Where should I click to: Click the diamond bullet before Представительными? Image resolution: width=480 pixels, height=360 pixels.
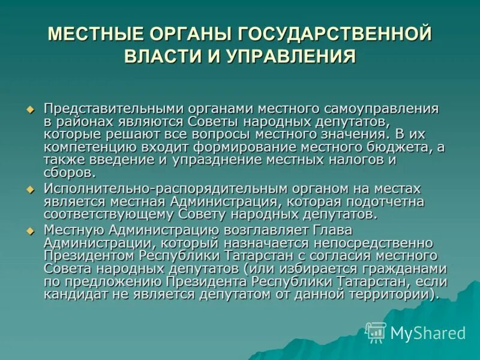click(31, 109)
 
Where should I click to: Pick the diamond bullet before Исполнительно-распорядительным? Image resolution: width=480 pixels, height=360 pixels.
click(31, 190)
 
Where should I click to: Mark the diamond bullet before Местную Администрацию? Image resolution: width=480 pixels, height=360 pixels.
click(31, 231)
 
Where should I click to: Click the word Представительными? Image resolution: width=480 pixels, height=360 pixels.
click(107, 109)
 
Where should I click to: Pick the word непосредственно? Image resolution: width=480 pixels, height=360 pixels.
click(376, 244)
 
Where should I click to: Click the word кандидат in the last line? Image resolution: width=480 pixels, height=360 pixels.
click(72, 295)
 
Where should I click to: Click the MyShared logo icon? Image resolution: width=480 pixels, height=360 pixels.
click(376, 331)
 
